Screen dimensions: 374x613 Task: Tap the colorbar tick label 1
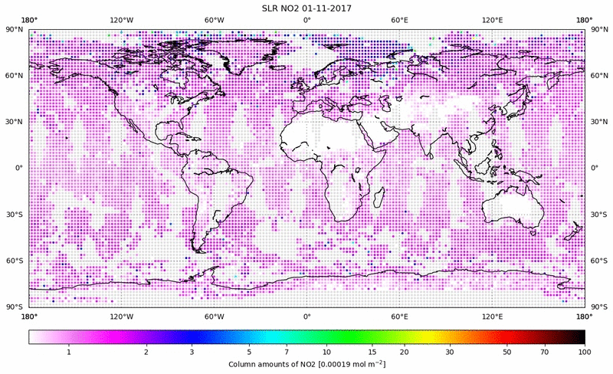click(69, 352)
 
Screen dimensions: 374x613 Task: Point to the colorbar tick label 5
click(248, 352)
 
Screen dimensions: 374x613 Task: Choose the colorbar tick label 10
click(327, 352)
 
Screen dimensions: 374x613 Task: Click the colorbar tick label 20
click(405, 352)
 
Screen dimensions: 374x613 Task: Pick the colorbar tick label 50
click(507, 352)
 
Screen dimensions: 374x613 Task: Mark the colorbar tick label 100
click(585, 352)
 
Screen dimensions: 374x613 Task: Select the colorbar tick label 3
click(192, 352)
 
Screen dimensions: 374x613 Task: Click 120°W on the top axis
click(122, 20)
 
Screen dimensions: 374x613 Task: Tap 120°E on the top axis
click(492, 20)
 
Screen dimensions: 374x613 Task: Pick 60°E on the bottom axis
click(399, 317)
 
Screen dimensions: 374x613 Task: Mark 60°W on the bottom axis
click(215, 317)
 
